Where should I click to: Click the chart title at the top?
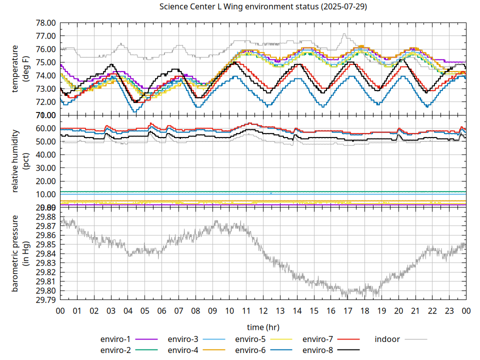click(263, 7)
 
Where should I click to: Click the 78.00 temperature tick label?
click(45, 23)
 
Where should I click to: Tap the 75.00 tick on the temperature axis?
click(45, 62)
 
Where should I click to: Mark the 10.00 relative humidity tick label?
click(45, 194)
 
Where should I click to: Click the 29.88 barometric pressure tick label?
click(45, 216)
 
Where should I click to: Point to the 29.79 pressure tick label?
click(45, 300)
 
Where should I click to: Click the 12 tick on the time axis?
click(263, 310)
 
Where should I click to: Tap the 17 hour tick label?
click(347, 310)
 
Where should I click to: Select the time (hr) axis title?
click(263, 327)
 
